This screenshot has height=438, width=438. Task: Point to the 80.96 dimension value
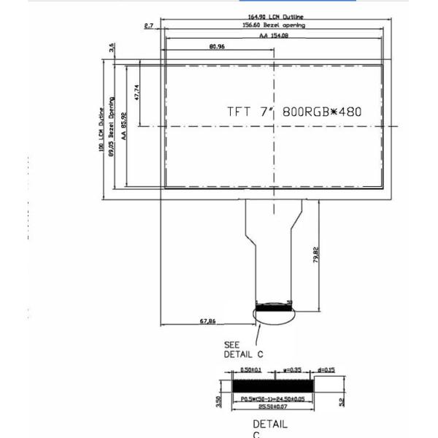[217, 46]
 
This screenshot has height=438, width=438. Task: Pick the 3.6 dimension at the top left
[112, 48]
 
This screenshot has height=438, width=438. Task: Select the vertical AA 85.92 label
[124, 125]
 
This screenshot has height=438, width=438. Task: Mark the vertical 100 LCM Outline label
[101, 129]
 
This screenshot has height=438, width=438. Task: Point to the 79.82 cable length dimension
[315, 255]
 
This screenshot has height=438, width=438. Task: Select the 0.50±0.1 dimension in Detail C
[251, 371]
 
